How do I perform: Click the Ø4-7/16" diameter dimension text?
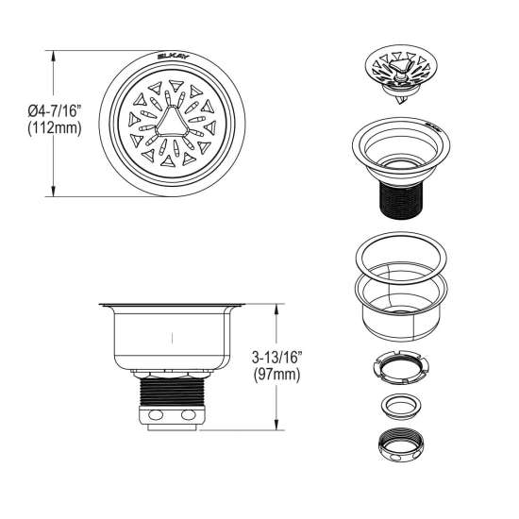pos(55,110)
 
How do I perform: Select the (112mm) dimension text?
pos(55,127)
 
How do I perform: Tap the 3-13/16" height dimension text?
pos(277,358)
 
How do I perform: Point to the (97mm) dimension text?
pos(277,375)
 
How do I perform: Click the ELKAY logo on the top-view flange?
pos(173,57)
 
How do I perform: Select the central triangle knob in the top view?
pos(173,121)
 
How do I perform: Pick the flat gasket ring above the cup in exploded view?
pos(401,258)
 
